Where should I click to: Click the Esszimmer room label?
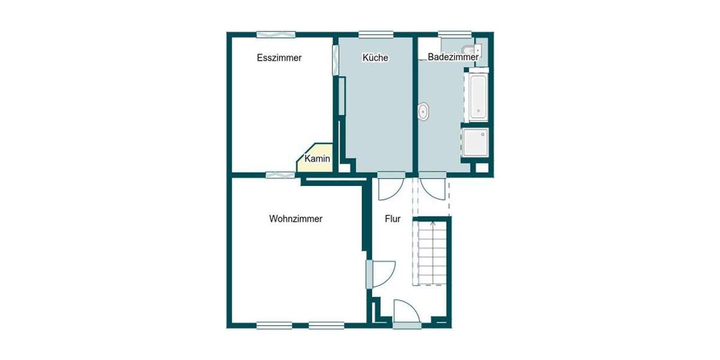click(279, 58)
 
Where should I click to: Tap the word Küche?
click(375, 58)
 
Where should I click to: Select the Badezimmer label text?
click(453, 57)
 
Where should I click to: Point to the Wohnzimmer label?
click(296, 219)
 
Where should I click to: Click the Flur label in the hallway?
click(392, 219)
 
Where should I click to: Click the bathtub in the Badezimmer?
click(478, 96)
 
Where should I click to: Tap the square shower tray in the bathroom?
click(475, 142)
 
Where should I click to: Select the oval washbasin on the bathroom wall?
click(424, 112)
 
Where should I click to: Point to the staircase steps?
click(431, 252)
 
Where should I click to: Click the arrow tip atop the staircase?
click(433, 223)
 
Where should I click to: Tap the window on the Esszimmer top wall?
click(275, 34)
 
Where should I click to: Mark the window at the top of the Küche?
click(376, 34)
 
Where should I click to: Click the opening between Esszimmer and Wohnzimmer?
click(280, 175)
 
